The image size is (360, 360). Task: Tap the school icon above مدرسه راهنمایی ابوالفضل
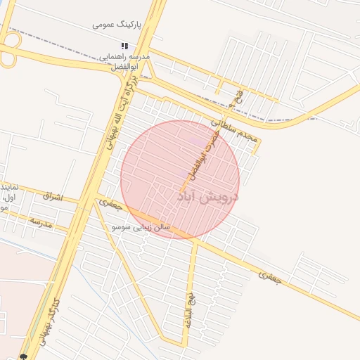124,46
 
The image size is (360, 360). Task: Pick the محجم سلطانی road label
234,131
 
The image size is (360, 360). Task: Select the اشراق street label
52,198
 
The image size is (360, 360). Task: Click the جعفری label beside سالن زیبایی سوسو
110,205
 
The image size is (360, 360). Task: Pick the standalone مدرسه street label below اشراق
41,223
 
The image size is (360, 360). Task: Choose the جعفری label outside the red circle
269,276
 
